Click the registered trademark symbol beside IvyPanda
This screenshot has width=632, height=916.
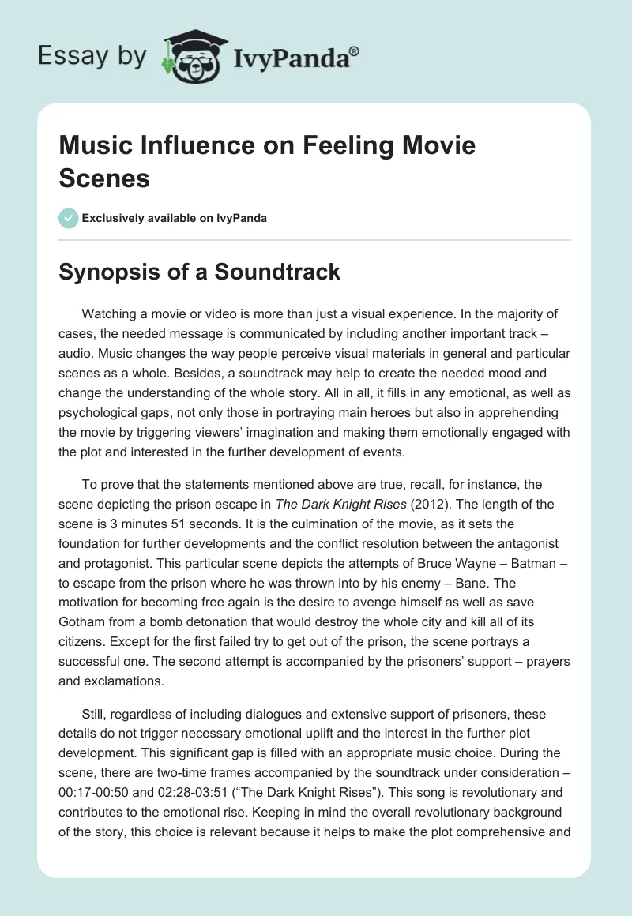click(355, 51)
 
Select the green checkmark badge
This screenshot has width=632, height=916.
click(69, 218)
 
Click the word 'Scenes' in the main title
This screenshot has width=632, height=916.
click(104, 178)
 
